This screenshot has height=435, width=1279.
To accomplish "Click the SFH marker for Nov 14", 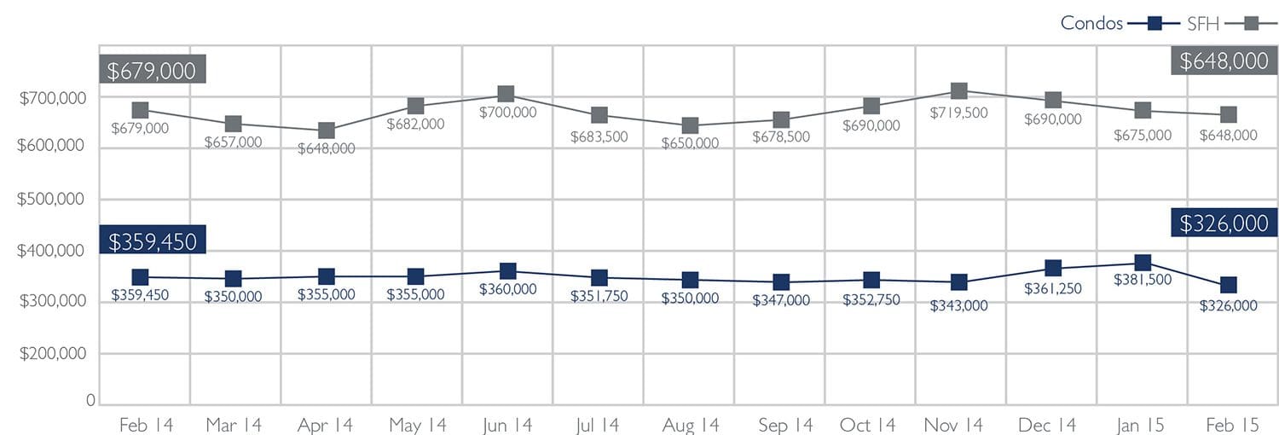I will (x=958, y=91).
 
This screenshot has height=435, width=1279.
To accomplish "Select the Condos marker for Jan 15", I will (x=1143, y=263).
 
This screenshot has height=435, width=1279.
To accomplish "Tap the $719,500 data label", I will (x=958, y=113).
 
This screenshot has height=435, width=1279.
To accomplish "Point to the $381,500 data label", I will (x=1143, y=280).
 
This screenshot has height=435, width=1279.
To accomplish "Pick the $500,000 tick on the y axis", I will (x=52, y=199).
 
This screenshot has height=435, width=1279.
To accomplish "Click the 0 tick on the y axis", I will (x=89, y=400).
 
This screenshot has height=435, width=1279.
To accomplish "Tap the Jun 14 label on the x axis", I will (x=506, y=424).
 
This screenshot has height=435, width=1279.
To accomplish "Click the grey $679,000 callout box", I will (x=153, y=70).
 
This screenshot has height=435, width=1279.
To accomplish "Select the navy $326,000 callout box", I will (x=1224, y=223).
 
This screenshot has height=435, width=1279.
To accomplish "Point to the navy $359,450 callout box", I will (x=153, y=241).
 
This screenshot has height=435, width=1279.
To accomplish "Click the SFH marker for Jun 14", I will (x=506, y=94).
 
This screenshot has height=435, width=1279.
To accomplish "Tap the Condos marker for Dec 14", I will (x=1053, y=269).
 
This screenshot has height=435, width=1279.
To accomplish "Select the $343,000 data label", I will (x=958, y=304).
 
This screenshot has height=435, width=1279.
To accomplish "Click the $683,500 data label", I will (x=599, y=136).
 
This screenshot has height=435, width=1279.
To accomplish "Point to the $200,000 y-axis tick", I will (x=52, y=353).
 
